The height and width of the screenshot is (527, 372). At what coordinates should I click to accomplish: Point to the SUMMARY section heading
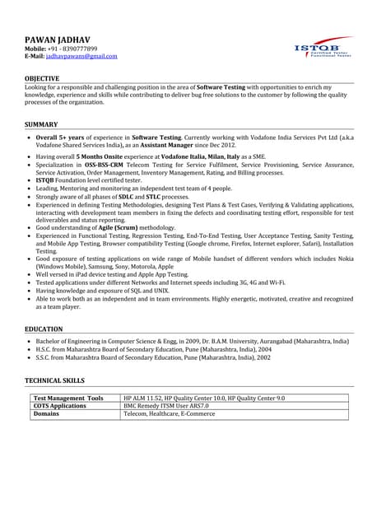pyautogui.click(x=41, y=124)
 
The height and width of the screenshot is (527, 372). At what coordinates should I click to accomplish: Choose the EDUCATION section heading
pyautogui.click(x=44, y=329)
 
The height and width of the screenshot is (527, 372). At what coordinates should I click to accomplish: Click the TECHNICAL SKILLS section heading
pyautogui.click(x=55, y=381)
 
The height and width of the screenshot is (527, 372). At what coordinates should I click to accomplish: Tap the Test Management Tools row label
pyautogui.click(x=68, y=399)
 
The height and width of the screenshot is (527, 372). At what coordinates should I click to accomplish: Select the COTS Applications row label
pyautogui.click(x=59, y=406)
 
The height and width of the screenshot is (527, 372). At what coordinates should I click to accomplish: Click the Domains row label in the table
pyautogui.click(x=46, y=414)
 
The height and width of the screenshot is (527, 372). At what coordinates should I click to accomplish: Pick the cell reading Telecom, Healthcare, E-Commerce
pyautogui.click(x=170, y=414)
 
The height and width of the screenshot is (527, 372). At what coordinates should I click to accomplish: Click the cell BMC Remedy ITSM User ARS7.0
pyautogui.click(x=166, y=406)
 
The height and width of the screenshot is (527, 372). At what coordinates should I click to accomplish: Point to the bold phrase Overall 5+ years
pyautogui.click(x=58, y=138)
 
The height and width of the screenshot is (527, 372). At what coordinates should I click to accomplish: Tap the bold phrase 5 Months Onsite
pyautogui.click(x=100, y=156)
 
